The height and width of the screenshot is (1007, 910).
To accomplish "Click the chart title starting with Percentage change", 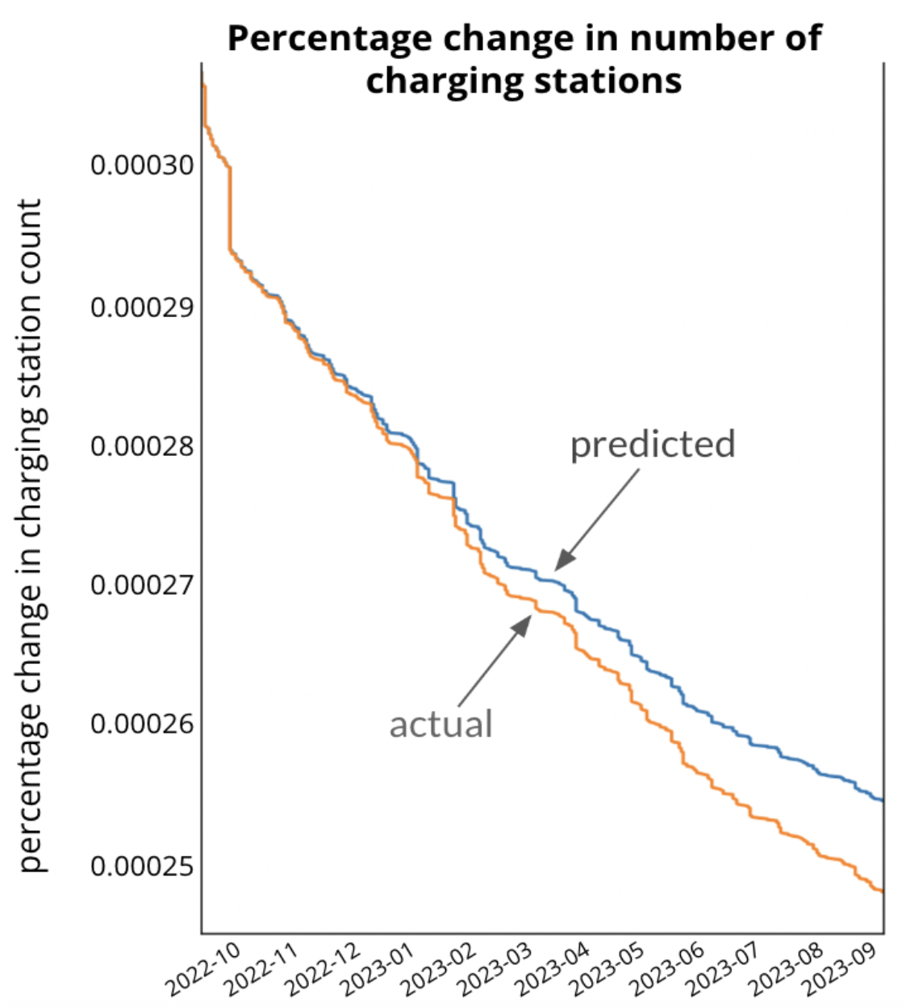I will click(524, 60).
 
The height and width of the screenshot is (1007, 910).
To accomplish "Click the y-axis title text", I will click(30, 534).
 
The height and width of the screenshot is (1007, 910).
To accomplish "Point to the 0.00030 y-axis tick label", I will click(142, 165).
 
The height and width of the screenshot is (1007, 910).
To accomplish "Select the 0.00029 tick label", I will click(142, 307).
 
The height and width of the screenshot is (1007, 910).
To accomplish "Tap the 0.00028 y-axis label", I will click(142, 446).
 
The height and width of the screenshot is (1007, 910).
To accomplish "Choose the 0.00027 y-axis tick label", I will click(142, 584).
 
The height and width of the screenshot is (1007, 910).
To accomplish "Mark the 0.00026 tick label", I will click(142, 724).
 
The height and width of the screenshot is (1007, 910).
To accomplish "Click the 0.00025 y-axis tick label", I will click(142, 867).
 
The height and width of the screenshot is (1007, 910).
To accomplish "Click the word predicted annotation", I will click(653, 445).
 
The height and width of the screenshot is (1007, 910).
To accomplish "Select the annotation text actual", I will click(440, 724).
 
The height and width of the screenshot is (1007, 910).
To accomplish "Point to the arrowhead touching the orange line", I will click(524, 624).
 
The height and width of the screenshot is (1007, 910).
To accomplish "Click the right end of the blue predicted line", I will click(883, 800).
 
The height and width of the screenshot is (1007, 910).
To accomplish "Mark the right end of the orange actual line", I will click(883, 891).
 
